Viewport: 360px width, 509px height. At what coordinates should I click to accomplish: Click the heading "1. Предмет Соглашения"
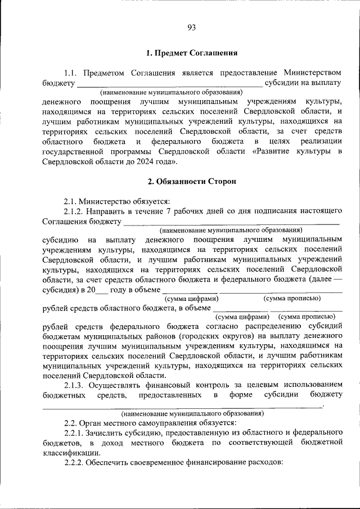pos(191,53)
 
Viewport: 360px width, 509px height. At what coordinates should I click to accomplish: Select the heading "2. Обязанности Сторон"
pos(191,182)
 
